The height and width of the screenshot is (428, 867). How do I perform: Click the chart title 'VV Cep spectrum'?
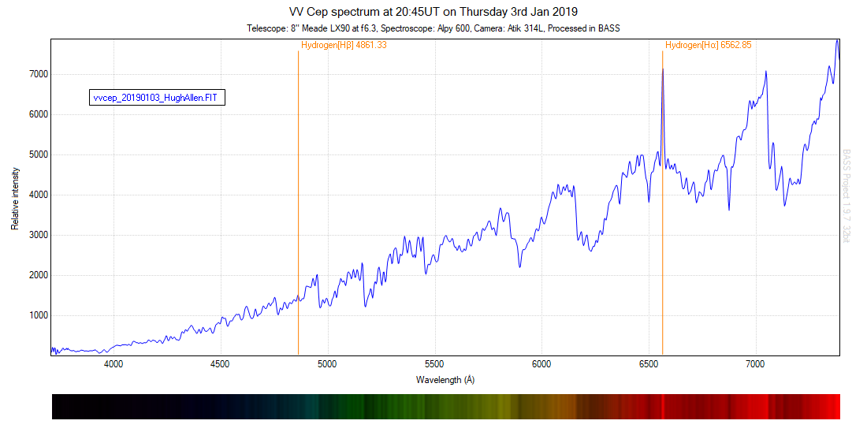point(433,11)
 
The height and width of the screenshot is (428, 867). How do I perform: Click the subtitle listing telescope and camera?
point(433,28)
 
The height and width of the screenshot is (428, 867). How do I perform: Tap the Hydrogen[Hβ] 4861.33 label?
point(344,46)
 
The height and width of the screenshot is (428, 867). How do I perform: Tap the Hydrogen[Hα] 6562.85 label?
point(708,46)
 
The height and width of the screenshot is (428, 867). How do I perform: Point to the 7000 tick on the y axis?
point(39,74)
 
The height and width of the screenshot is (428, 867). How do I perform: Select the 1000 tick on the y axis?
point(39,316)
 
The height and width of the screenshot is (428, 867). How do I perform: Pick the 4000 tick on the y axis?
point(39,195)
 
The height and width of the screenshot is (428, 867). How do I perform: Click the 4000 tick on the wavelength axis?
point(113,364)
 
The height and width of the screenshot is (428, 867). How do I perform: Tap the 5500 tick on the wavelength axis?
point(434,364)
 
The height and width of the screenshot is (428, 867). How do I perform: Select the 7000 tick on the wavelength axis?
point(755,364)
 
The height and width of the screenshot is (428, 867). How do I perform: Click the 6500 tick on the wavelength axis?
point(649,364)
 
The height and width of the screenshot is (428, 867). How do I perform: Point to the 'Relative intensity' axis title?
point(15,198)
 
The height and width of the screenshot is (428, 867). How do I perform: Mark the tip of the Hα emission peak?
point(662,69)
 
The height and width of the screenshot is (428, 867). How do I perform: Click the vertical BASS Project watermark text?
point(847,193)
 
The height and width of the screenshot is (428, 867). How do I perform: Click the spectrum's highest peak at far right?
point(836,40)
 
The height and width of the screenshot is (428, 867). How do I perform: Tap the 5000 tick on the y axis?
point(39,154)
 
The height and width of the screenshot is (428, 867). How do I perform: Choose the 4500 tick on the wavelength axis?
point(221,364)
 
